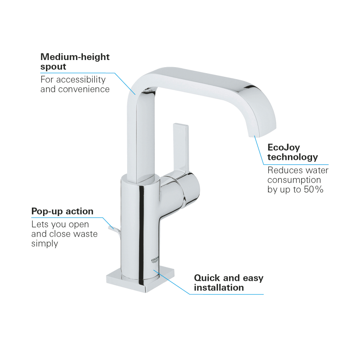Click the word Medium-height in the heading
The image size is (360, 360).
tap(75, 57)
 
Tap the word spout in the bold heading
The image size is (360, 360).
tap(53, 67)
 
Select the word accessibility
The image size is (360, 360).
tap(81, 80)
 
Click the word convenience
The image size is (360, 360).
tap(84, 89)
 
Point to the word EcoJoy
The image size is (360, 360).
tap(284, 148)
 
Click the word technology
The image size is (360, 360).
tap(292, 157)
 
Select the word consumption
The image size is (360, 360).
tap(294, 180)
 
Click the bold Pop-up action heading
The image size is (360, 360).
tap(62, 212)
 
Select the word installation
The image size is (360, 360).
tap(219, 288)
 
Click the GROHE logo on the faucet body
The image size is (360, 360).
tap(155, 260)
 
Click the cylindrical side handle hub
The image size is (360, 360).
tap(181, 189)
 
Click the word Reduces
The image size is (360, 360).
tap(281, 170)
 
